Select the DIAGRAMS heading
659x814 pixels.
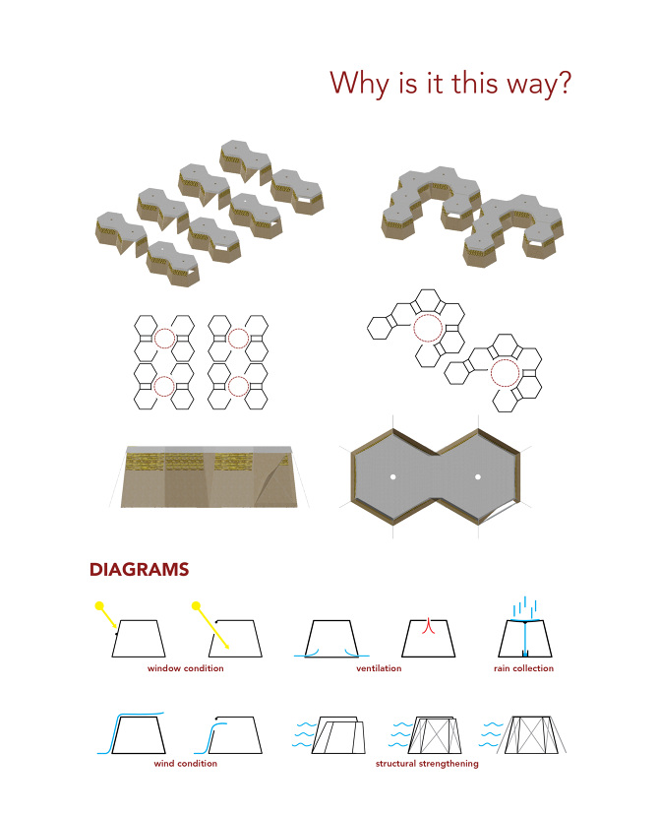pyautogui.click(x=139, y=570)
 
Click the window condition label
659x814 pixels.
pyautogui.click(x=185, y=668)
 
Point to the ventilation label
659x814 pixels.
pyautogui.click(x=379, y=668)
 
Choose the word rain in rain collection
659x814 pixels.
pyautogui.click(x=502, y=668)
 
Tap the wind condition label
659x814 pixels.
pyautogui.click(x=185, y=763)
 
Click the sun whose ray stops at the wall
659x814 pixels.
pyautogui.click(x=99, y=605)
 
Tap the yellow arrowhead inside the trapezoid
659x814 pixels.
pyautogui.click(x=226, y=646)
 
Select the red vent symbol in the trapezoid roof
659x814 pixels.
pyautogui.click(x=428, y=626)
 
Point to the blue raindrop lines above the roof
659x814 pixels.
pyautogui.click(x=524, y=605)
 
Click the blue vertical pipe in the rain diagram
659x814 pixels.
pyautogui.click(x=524, y=639)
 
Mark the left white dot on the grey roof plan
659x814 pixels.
pyautogui.click(x=392, y=476)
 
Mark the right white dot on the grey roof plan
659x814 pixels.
pyautogui.click(x=478, y=476)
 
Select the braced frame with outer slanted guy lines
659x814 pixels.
pyautogui.click(x=531, y=735)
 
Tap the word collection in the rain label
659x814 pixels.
pyautogui.click(x=533, y=668)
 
